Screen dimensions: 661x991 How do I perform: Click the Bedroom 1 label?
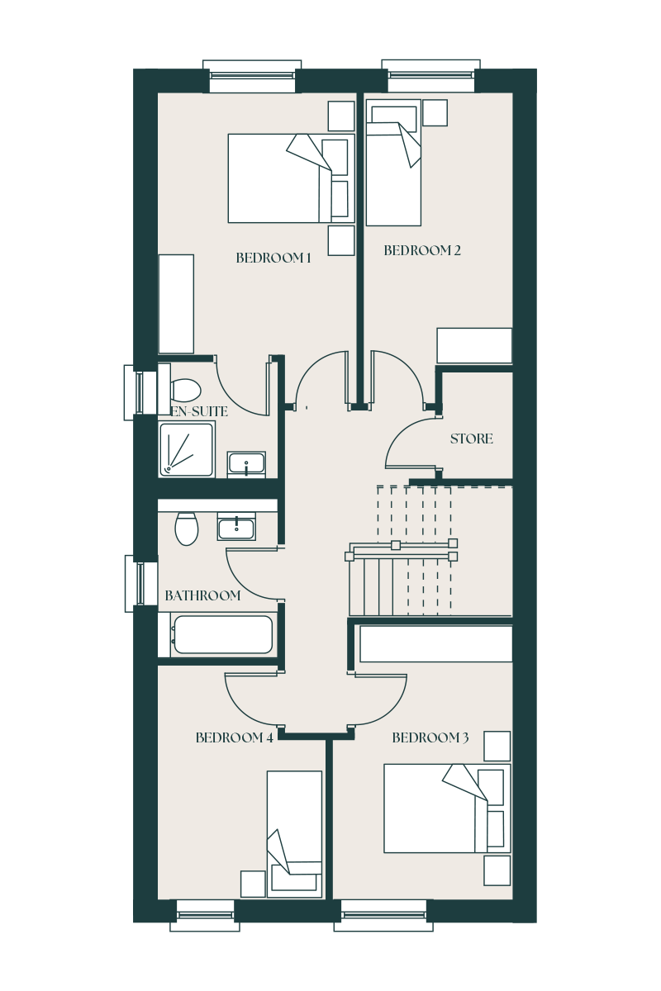[273, 258]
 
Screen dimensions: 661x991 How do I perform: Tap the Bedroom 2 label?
[422, 250]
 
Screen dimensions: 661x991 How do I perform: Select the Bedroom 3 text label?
[430, 737]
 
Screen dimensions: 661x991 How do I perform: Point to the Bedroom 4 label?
[234, 737]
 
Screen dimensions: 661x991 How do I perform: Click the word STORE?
[472, 439]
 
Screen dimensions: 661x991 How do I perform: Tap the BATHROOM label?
[202, 595]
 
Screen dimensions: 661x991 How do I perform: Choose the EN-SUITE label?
[199, 410]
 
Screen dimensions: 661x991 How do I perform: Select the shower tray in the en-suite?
[187, 448]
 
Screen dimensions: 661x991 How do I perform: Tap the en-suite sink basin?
[246, 463]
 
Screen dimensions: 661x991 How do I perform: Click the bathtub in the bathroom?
[222, 635]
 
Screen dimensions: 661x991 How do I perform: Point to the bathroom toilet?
[187, 529]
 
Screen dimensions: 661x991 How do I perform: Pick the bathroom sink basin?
[237, 526]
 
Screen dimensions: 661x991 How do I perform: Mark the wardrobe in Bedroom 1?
[176, 303]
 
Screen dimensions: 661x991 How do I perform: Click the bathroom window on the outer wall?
[140, 583]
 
